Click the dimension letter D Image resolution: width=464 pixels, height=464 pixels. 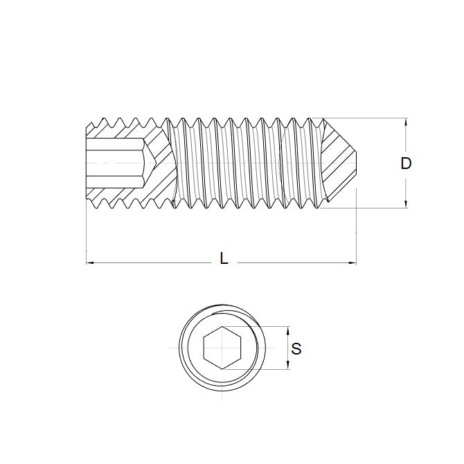[406, 163]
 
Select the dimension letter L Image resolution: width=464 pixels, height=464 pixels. [223, 259]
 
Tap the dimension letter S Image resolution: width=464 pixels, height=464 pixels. [296, 349]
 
